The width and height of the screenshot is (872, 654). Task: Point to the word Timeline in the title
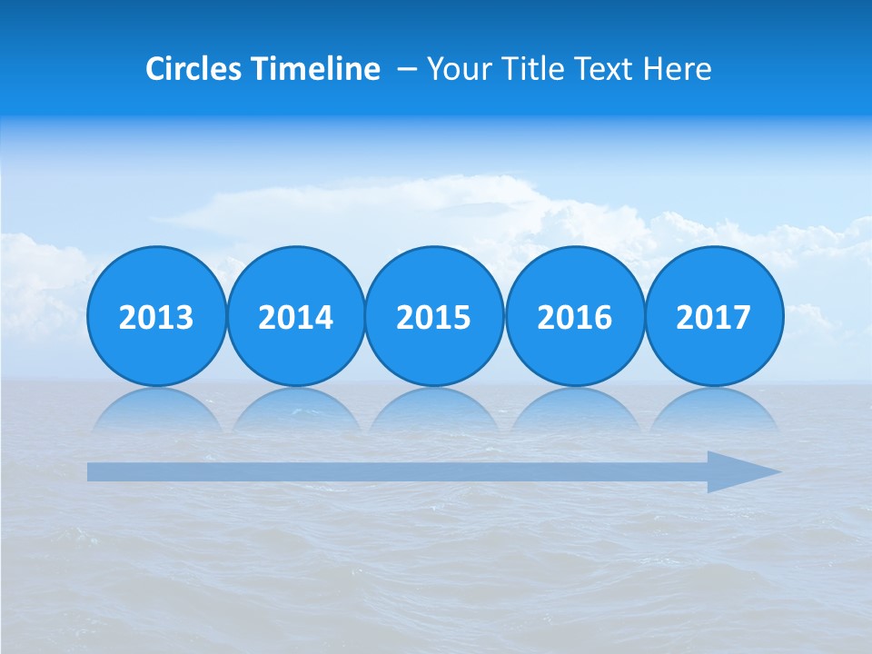(x=317, y=69)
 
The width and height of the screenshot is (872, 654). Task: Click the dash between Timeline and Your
(x=406, y=70)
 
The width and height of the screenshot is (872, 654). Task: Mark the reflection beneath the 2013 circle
(x=156, y=411)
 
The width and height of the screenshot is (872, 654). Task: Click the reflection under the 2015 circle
(x=434, y=411)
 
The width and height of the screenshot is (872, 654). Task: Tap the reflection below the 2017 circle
(x=713, y=411)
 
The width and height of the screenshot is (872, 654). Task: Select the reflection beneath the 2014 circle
(x=295, y=411)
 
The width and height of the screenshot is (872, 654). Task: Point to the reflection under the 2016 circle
(x=574, y=411)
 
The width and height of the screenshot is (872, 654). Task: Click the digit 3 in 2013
(x=184, y=318)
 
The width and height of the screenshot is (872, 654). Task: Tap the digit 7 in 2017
(x=741, y=318)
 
